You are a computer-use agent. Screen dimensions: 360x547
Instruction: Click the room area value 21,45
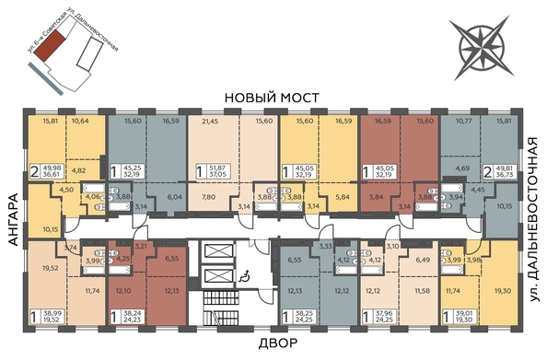(x=210, y=122)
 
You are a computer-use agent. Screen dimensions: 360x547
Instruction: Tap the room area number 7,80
(x=210, y=197)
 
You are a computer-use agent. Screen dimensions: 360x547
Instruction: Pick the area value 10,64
(x=81, y=122)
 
